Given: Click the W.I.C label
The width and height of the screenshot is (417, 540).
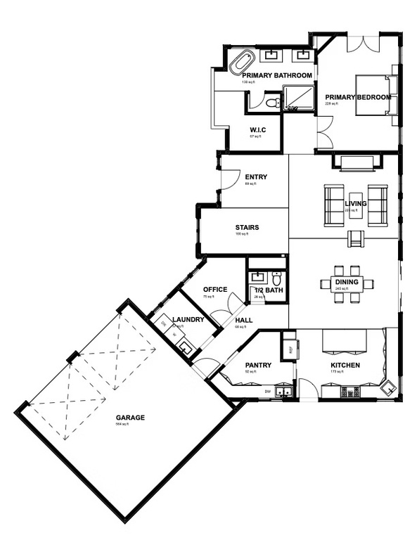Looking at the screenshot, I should [257, 130].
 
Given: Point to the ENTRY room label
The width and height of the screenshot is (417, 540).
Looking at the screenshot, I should [255, 177].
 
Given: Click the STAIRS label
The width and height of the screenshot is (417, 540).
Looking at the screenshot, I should [248, 228].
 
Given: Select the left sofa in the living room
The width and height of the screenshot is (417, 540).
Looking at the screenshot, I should [333, 204].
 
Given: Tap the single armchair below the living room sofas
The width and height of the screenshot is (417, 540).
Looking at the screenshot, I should [357, 240].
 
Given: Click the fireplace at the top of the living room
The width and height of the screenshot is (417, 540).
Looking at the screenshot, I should [359, 163].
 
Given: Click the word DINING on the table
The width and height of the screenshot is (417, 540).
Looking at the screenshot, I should [347, 283].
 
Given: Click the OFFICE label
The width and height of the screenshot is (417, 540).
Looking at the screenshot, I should [214, 290].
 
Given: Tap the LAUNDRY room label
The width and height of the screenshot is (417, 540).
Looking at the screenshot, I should [188, 320].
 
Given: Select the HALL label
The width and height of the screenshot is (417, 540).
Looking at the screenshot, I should [243, 321].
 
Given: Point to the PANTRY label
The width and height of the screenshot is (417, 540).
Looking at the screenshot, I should [258, 366].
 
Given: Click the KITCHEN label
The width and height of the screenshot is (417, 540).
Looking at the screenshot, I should [345, 366].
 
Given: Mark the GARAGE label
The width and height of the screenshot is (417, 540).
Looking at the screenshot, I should [131, 418].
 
